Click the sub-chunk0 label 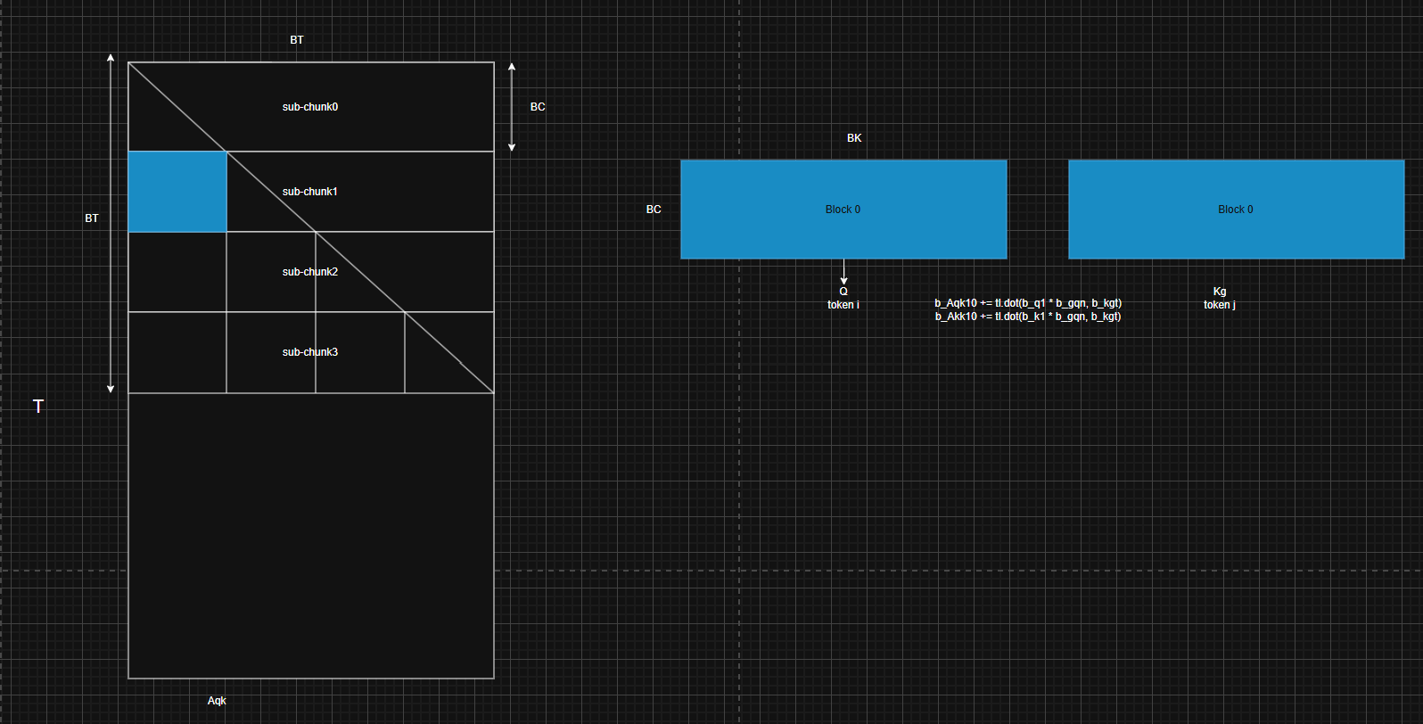pos(310,107)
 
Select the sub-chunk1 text pos(310,191)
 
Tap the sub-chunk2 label pos(310,272)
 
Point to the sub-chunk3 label pos(310,352)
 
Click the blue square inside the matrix pos(177,192)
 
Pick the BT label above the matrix pos(297,40)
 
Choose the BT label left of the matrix pos(92,218)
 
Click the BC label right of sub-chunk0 pos(538,107)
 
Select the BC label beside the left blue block pos(654,210)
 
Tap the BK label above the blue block pos(854,138)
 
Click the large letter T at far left pos(38,407)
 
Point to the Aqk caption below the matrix pos(217,701)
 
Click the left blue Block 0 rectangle pos(843,210)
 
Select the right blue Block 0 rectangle pos(1237,210)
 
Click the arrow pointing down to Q pos(843,272)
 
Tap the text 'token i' pos(843,305)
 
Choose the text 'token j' pos(1220,305)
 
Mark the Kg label pos(1220,292)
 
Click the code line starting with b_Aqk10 pos(1028,303)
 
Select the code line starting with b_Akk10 pos(1028,317)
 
